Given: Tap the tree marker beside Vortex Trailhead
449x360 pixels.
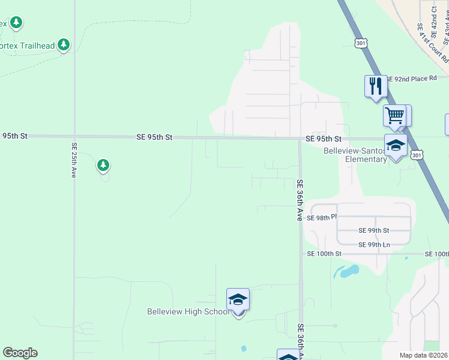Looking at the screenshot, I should click(64, 44).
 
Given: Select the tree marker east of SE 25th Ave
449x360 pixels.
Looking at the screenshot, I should click(103, 164).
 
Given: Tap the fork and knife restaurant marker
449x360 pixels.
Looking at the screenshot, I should click(375, 85).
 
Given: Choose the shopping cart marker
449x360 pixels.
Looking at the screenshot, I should click(395, 115).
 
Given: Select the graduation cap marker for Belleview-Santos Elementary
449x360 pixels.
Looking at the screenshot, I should click(396, 146).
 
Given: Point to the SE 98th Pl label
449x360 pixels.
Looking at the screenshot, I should click(319, 218).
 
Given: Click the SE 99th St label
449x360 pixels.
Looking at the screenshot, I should click(373, 230).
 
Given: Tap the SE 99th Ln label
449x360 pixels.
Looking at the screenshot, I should click(374, 245).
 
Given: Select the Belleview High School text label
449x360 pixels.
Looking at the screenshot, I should click(188, 311).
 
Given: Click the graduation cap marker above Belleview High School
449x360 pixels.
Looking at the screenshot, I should click(238, 299).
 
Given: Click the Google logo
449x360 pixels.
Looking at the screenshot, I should click(20, 353).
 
